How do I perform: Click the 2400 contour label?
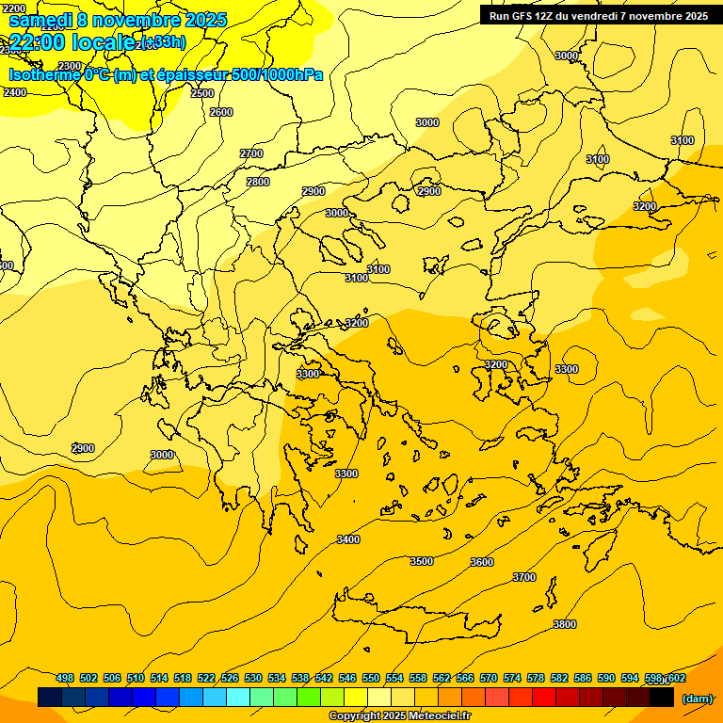[15, 92]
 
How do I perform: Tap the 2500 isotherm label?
[202, 93]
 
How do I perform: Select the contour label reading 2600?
[221, 112]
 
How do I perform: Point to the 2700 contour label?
[251, 153]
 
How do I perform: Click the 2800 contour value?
[258, 182]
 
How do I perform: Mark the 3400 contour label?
[348, 539]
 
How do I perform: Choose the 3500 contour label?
[422, 561]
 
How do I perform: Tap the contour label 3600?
[481, 562]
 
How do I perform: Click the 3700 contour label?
[524, 577]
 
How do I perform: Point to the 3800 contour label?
[565, 624]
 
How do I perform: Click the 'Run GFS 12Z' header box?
[598, 15]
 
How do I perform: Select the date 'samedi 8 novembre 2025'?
[118, 20]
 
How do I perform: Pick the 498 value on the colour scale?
[65, 678]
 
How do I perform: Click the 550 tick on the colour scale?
[370, 678]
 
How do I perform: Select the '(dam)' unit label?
[697, 698]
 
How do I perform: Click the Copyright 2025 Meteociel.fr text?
[399, 715]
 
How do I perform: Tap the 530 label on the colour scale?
[253, 678]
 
